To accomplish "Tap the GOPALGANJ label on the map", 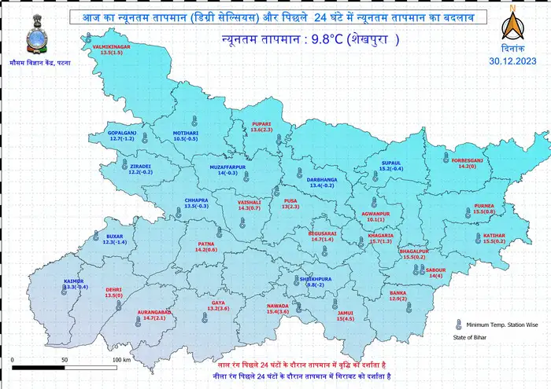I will point(122,133).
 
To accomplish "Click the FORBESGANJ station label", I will point(468,160).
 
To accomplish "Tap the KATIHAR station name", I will point(494,235).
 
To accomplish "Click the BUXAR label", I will point(115,237).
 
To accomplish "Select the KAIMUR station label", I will point(75,281).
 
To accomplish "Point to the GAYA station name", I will point(218,303).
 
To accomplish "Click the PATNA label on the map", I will point(206,244).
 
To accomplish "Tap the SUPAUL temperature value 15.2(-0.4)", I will point(391,169).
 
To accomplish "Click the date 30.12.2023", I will point(513,60).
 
